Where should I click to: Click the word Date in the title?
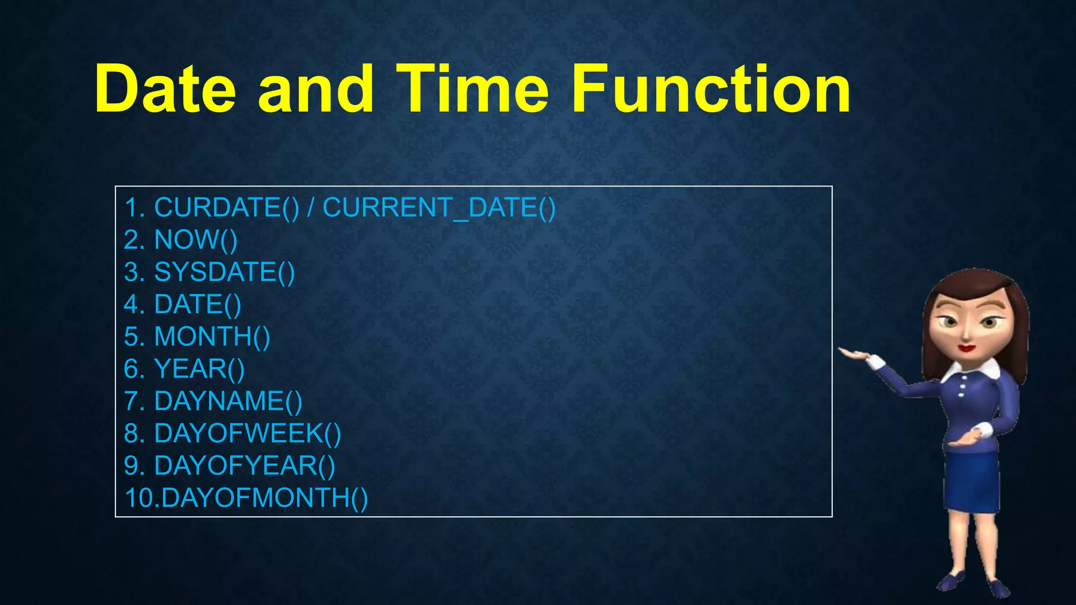pos(165,89)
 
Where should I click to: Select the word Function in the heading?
pos(710,89)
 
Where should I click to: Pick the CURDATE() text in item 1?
pos(226,207)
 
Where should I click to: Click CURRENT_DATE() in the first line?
pos(439,207)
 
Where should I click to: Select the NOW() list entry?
pos(195,240)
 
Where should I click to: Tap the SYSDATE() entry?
pos(224,272)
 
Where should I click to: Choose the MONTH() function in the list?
pos(212,337)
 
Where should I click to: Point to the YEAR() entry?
pos(199,369)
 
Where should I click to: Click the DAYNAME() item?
pos(228,401)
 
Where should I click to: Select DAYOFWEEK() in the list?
pos(247,434)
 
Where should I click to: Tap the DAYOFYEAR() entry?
pos(244,466)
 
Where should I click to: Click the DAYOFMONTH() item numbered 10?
pos(264,498)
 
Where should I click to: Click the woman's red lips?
pos(966,347)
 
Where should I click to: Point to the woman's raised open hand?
pos(854,354)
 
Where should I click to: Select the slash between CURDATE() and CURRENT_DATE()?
pos(311,207)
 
